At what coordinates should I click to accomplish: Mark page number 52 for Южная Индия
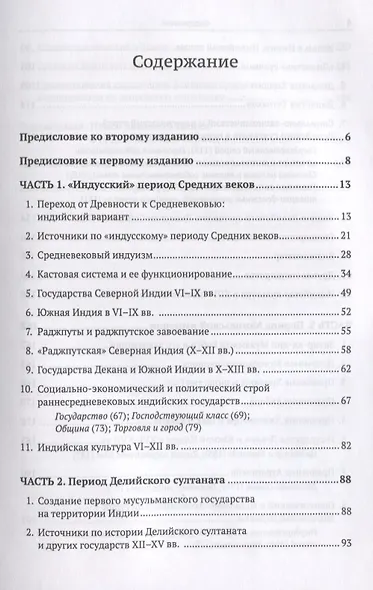pos(344,312)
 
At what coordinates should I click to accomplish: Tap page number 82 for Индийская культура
pos(344,444)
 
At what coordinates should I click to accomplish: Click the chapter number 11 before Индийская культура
pos(28,444)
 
